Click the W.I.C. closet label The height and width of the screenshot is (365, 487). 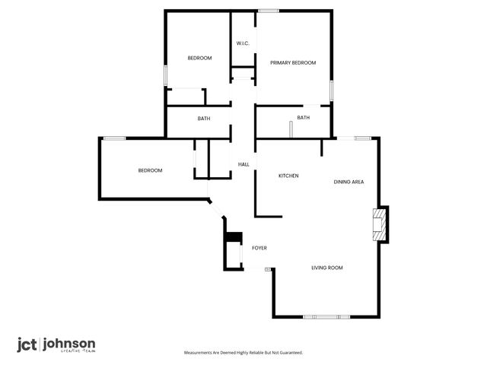243,43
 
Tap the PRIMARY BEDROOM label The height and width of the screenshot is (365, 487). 293,62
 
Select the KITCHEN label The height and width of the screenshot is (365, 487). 288,176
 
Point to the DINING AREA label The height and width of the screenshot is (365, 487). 349,182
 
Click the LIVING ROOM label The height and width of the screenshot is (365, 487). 327,268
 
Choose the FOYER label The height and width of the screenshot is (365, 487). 259,248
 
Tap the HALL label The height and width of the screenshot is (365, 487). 243,164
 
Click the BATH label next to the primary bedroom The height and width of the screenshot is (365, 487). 304,118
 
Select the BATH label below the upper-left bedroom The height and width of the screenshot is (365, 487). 204,119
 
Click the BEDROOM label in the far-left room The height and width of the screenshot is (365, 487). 150,170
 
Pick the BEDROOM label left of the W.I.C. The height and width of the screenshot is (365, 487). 199,59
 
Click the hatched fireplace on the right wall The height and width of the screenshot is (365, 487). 378,225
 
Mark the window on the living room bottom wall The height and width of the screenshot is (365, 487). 326,316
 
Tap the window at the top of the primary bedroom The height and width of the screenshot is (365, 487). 268,10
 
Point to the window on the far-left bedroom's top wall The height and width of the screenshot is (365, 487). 114,138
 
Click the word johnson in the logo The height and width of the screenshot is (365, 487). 69,344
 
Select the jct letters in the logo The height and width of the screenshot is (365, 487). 27,344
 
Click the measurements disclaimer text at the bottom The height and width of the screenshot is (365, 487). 243,353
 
